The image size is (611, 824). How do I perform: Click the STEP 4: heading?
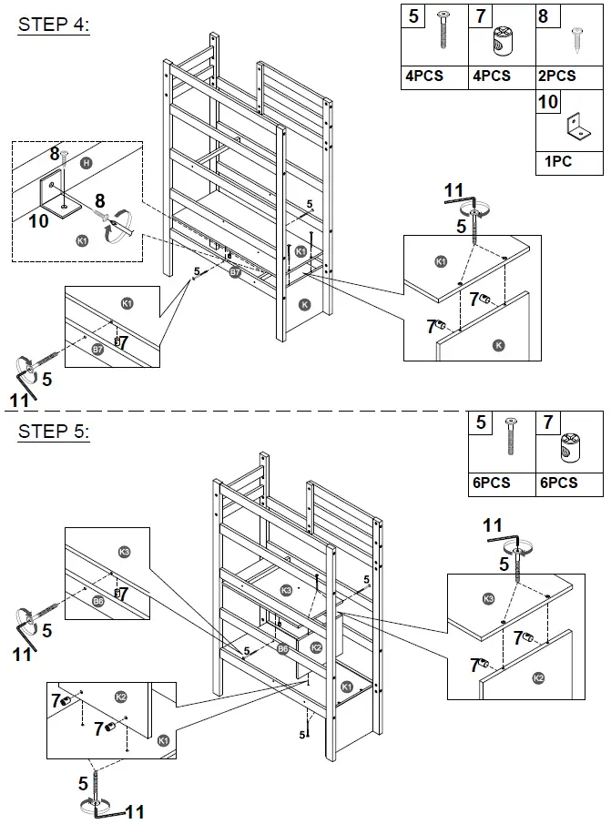(54, 25)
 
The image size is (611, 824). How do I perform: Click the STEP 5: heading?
(54, 432)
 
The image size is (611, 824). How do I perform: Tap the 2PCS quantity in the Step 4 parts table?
(555, 76)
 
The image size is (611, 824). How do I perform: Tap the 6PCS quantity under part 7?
(558, 483)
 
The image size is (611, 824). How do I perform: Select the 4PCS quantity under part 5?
(423, 76)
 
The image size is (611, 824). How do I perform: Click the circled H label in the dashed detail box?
(86, 162)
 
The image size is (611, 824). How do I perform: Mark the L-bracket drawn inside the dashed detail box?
(55, 195)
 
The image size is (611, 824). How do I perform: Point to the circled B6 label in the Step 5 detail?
(97, 601)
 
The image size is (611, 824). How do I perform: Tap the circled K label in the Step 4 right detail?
(498, 344)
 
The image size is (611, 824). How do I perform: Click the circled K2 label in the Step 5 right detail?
(538, 678)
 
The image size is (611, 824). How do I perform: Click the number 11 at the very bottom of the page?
(135, 810)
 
